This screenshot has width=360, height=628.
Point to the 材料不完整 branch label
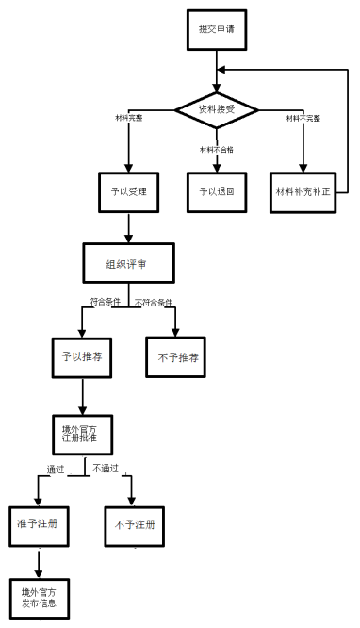click(x=304, y=118)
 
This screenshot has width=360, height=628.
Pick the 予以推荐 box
click(x=82, y=357)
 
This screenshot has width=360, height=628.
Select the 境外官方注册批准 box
click(x=82, y=436)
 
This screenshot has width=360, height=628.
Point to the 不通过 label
click(x=106, y=467)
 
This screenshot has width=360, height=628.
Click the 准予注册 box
click(x=39, y=523)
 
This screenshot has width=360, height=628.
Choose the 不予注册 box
click(x=134, y=523)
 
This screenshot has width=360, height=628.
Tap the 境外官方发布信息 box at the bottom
click(x=39, y=598)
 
